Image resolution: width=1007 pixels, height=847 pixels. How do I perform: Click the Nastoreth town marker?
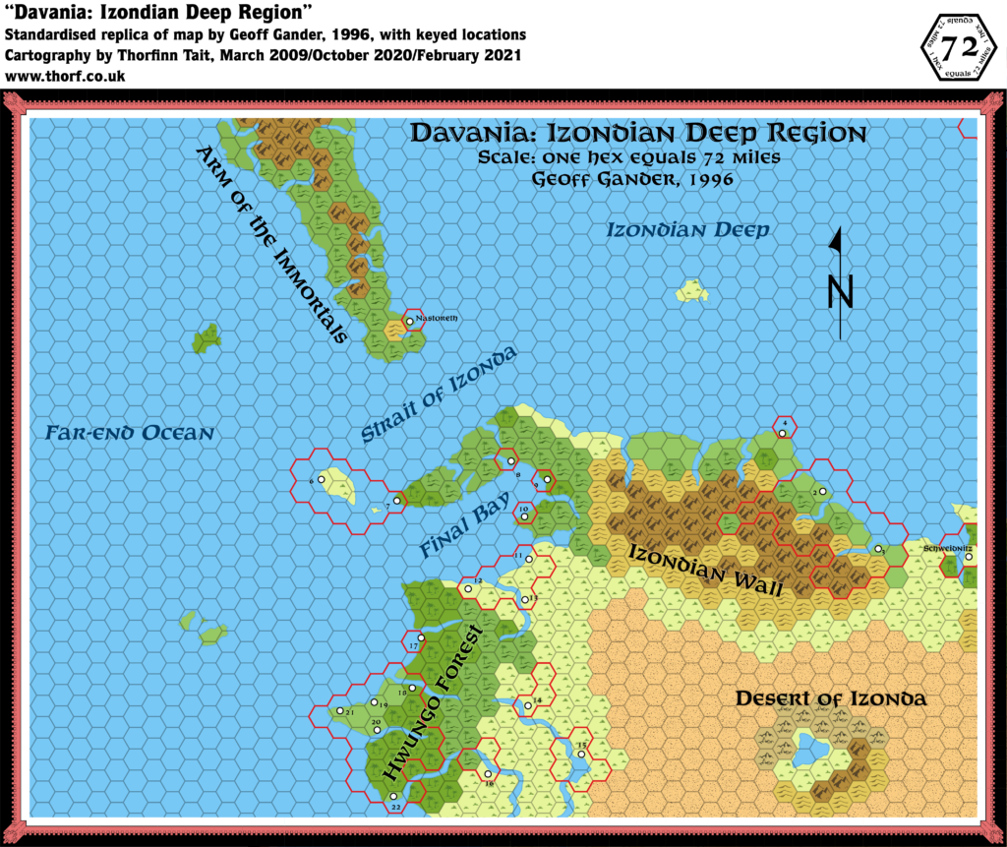click(x=409, y=322)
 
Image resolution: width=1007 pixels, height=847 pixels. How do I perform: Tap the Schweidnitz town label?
click(x=947, y=546)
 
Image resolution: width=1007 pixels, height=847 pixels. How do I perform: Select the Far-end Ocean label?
click(x=129, y=433)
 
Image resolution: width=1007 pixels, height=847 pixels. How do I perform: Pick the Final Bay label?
click(x=465, y=528)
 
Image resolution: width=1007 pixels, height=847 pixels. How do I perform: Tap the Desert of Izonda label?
click(x=831, y=699)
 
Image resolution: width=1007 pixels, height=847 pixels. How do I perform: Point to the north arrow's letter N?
click(x=839, y=291)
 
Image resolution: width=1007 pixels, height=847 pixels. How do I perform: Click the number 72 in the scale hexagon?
click(x=958, y=49)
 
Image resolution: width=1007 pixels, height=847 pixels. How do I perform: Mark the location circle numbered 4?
click(x=784, y=433)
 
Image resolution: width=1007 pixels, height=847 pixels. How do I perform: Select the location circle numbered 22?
click(x=393, y=796)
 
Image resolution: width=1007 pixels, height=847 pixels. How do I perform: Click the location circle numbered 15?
click(x=581, y=755)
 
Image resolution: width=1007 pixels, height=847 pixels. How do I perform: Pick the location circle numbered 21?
click(x=340, y=711)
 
